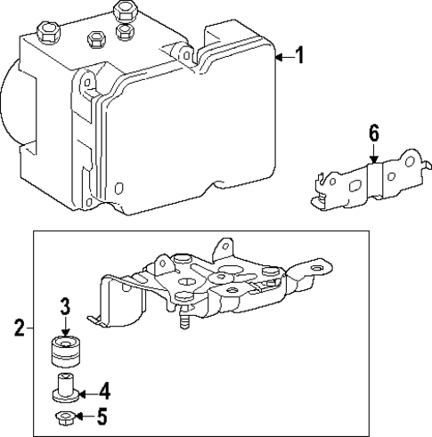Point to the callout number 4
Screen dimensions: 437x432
click(104, 390)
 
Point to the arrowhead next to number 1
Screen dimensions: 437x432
click(279, 59)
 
